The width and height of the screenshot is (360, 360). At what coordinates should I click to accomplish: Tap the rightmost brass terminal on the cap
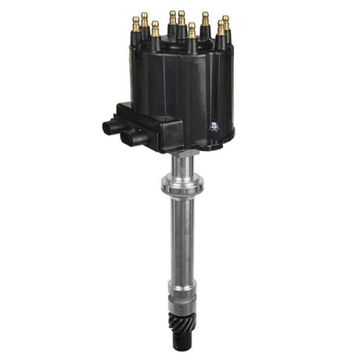pos(225,21)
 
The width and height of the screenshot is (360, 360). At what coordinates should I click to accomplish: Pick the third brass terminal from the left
pos(155,27)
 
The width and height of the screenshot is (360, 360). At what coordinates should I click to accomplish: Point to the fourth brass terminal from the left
pos(172,16)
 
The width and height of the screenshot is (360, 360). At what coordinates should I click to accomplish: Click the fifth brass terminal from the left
pos(182,16)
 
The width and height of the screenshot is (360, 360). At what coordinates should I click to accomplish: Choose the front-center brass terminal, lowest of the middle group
pos(192,30)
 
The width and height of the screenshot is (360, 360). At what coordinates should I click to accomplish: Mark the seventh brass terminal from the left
pos(205,17)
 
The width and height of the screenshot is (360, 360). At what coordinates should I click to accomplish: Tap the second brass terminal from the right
pos(220,27)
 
